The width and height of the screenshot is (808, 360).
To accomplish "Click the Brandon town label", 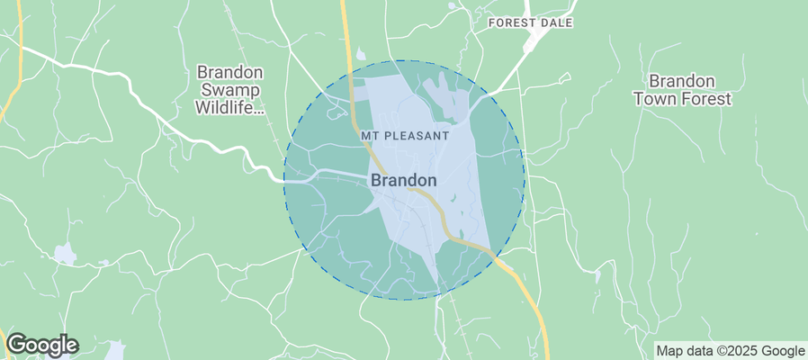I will pos(404,180).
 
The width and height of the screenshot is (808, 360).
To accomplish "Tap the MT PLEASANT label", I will pos(404,135).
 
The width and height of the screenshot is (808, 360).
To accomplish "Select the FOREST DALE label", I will pos(530,22).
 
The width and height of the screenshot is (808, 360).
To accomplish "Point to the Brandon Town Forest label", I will pos(682,89).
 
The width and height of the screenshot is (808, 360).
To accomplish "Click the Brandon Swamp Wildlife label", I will pos(230,90).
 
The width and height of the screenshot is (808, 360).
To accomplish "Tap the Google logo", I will pos(42,344).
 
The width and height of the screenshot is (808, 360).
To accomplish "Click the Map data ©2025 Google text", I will pos(730,351).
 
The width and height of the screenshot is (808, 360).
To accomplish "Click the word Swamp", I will pos(230,90).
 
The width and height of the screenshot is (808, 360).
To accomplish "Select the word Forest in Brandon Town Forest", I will pos(706,99).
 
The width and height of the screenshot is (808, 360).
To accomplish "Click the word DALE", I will pos(556,22).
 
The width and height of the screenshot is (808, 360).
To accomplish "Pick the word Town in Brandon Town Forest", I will pos(655,99).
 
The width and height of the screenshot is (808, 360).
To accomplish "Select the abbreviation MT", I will pos(368,135).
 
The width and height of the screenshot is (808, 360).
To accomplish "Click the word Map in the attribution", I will pos(669,351).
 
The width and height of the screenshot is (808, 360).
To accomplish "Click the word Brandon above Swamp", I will pos(230,71).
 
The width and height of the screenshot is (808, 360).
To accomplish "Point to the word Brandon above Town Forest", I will pos(682,79).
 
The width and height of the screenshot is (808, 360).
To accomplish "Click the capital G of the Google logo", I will pos(16,344).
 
